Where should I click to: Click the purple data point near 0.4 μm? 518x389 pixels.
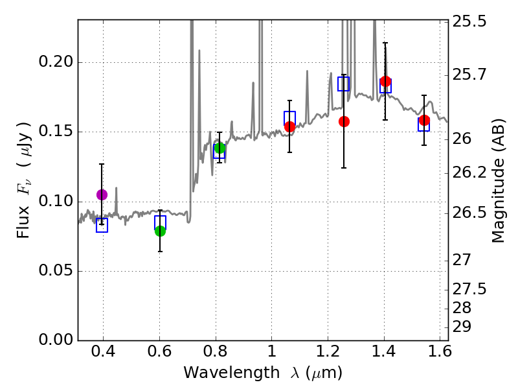point(102,194)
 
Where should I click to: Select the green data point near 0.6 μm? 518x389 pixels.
point(160,231)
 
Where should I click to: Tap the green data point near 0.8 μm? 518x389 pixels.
point(220,148)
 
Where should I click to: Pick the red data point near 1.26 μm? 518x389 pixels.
point(344,121)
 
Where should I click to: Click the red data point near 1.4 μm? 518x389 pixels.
point(386,82)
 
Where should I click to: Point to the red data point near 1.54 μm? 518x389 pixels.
point(424,120)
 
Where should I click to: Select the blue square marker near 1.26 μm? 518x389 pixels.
point(344,84)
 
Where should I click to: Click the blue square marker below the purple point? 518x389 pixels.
point(102,225)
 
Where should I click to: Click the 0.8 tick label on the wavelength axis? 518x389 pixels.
point(216,353)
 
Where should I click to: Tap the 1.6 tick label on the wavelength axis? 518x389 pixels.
point(440,353)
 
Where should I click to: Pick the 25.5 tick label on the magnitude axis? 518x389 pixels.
point(470,21)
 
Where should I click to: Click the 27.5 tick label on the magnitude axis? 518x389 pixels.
point(470,289)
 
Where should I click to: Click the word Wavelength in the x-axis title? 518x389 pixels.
point(222,373)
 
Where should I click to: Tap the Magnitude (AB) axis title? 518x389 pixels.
point(498,184)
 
